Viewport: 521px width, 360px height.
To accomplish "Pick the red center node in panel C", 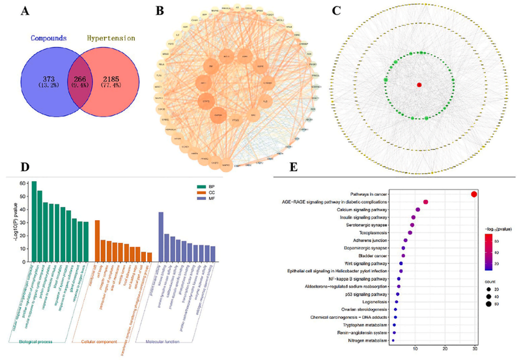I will [419, 85].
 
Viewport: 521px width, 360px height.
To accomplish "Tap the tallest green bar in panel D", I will [35, 214].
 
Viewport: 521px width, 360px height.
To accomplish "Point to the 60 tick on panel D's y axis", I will [23, 184].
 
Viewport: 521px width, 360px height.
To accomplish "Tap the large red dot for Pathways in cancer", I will [474, 194].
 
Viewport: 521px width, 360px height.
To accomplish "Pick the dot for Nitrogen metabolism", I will [393, 340].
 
